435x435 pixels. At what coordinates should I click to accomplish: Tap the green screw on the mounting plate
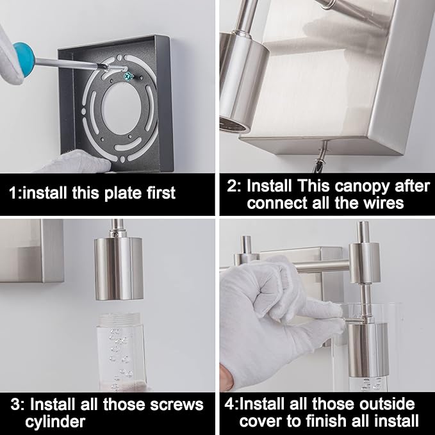[x=128, y=75]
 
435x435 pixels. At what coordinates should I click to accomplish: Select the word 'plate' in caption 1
[x=123, y=193]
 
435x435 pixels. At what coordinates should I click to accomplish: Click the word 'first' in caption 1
[x=161, y=192]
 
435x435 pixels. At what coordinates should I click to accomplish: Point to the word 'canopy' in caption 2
[x=362, y=186]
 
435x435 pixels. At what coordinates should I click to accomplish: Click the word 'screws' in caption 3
[x=177, y=405]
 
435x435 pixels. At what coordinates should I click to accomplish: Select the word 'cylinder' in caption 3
[x=55, y=422]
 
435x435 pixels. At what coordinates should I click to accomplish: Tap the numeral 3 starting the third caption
[x=15, y=405]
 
